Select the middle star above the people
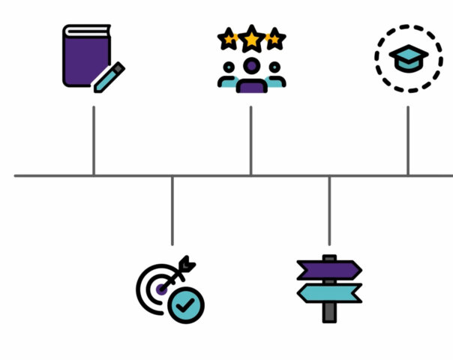[x=252, y=37]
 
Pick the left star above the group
[x=228, y=38]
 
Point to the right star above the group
[x=275, y=38]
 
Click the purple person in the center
[x=252, y=76]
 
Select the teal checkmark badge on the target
[x=185, y=305]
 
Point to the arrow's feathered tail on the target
[x=188, y=264]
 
